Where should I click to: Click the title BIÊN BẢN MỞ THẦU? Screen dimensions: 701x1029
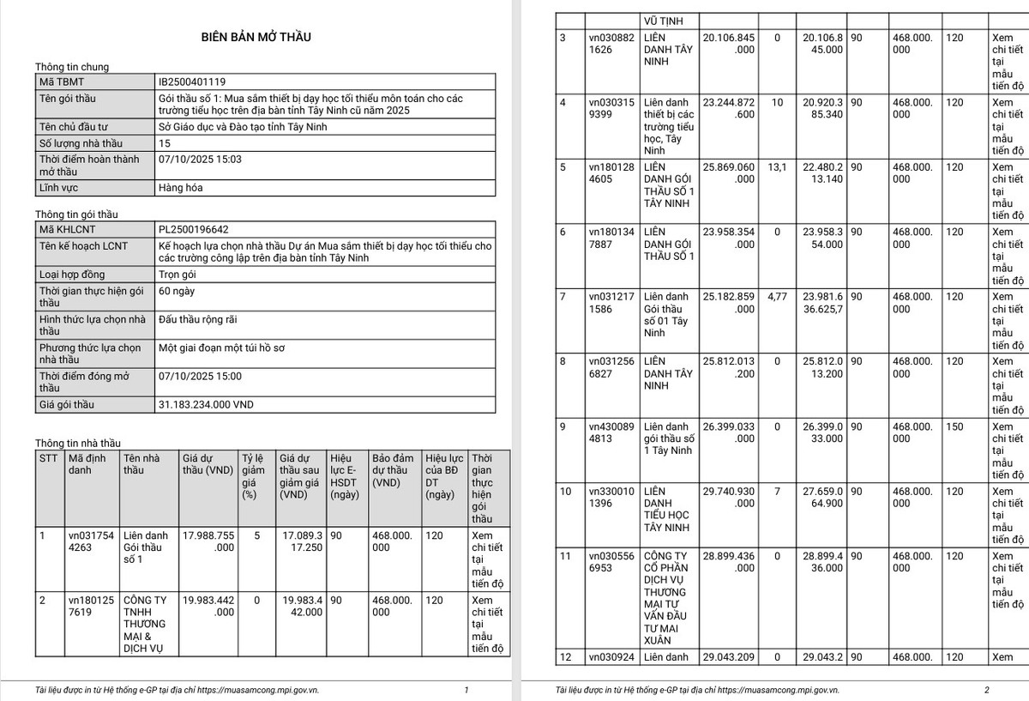click(256, 37)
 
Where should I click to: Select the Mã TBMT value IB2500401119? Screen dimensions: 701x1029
click(193, 82)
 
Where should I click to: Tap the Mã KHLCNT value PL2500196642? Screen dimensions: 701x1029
click(193, 229)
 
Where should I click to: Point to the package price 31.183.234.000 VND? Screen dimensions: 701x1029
click(207, 404)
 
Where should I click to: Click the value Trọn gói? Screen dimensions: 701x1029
click(180, 275)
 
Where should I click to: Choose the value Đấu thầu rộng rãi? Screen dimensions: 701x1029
click(198, 319)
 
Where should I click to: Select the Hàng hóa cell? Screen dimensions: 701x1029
click(181, 187)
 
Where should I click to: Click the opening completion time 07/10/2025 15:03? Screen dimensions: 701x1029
click(201, 159)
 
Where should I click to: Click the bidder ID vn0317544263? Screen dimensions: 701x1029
click(91, 541)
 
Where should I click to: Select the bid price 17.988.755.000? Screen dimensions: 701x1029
click(208, 541)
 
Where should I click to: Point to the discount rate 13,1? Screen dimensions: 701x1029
click(777, 167)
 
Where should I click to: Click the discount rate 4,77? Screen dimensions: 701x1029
click(777, 297)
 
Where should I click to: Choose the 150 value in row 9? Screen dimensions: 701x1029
click(954, 426)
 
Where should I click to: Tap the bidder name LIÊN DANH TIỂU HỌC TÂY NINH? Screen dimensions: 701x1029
click(667, 510)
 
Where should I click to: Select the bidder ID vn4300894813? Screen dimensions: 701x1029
click(611, 432)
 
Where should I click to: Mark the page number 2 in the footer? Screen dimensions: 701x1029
click(986, 690)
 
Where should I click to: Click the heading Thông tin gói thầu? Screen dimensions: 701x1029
click(76, 214)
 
